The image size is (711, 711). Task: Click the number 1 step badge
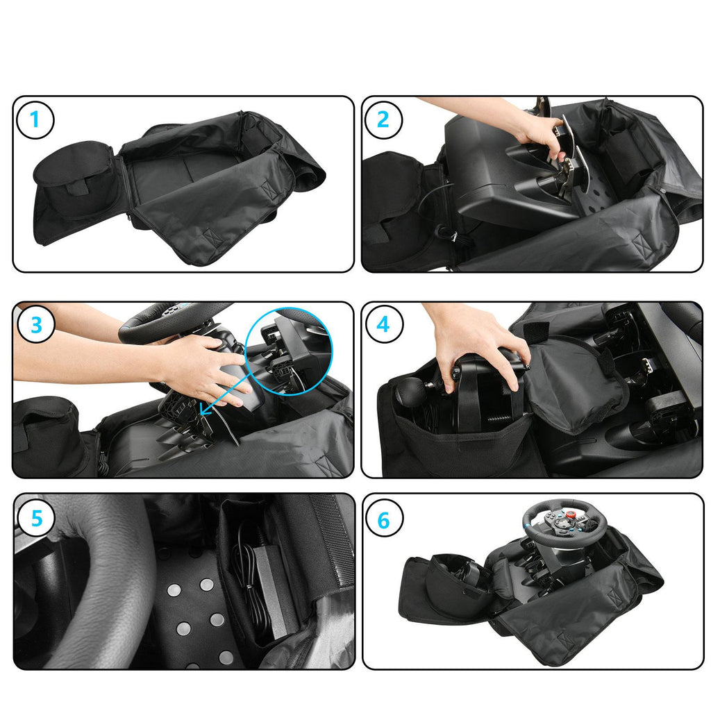[x=35, y=120]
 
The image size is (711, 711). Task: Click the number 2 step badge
[x=383, y=119]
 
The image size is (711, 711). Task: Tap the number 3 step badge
[x=36, y=325]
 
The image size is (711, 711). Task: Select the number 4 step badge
[x=383, y=324]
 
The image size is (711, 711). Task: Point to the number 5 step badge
[x=36, y=518]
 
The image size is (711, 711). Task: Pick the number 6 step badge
[x=383, y=520]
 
